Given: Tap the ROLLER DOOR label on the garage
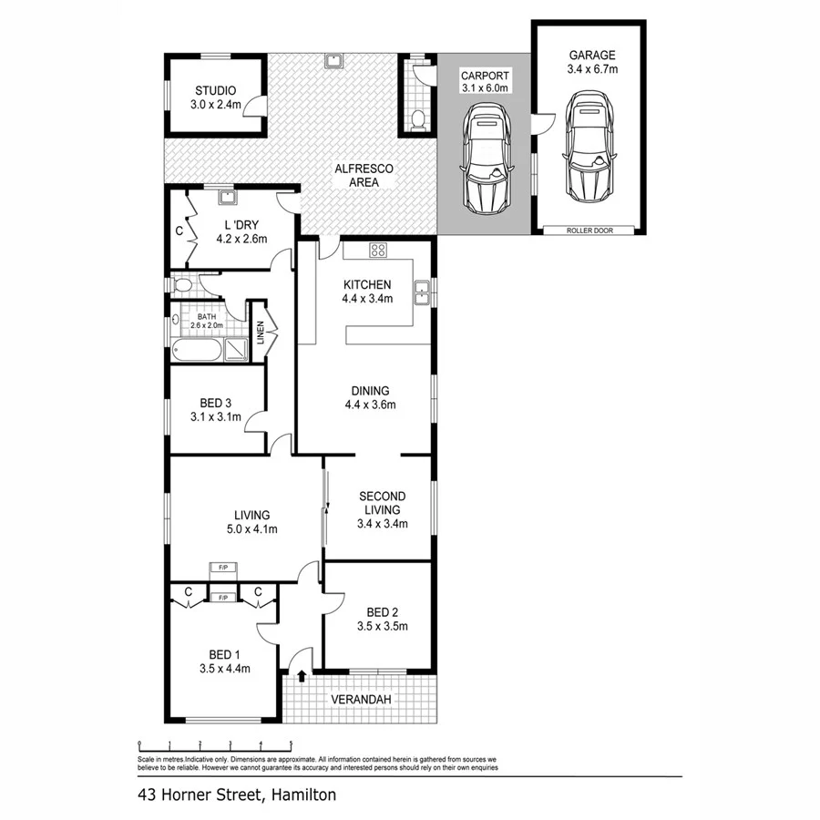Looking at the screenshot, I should point(589,231).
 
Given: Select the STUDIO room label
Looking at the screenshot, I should point(216,91).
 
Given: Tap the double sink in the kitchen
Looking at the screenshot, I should point(422,292).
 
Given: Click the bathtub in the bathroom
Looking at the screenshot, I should point(197,350).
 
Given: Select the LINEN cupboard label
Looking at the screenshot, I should point(261,334).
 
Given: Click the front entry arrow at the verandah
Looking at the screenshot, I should point(302,677).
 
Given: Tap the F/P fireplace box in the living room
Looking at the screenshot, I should point(222,568).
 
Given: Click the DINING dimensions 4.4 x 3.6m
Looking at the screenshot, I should point(369,405).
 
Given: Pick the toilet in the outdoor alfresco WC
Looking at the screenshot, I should point(418,118).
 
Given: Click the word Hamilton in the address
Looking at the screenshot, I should point(303,795).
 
